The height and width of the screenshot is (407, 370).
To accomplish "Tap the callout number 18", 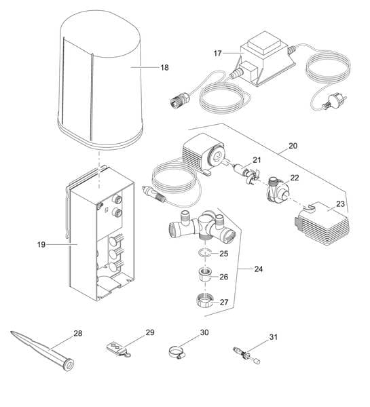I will (x=164, y=68).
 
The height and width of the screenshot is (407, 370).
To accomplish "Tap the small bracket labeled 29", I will (x=118, y=349).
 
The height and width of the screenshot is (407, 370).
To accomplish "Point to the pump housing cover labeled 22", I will (x=276, y=188).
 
